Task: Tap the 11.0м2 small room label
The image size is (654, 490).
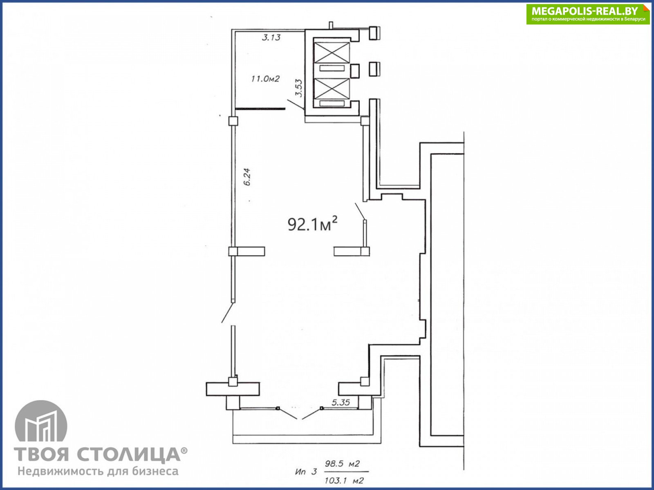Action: point(265,79)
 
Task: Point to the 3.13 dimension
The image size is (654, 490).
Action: point(271,38)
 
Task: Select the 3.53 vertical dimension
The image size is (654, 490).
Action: point(299,88)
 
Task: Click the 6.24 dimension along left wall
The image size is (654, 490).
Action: point(247,177)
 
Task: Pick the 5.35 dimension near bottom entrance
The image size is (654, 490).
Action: point(341,403)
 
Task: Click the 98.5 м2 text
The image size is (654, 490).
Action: point(342,463)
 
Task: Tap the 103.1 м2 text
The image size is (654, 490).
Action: point(344,481)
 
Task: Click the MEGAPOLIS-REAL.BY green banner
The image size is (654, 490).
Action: point(588,14)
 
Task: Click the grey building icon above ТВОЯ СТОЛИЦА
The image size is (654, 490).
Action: point(41,421)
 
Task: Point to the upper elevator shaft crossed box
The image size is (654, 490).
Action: point(331,53)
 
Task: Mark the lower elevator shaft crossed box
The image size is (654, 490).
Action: point(331,88)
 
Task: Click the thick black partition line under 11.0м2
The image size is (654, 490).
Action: point(260,109)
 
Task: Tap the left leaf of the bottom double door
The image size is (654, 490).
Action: point(287,413)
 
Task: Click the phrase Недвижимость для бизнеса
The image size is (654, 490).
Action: point(98,472)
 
